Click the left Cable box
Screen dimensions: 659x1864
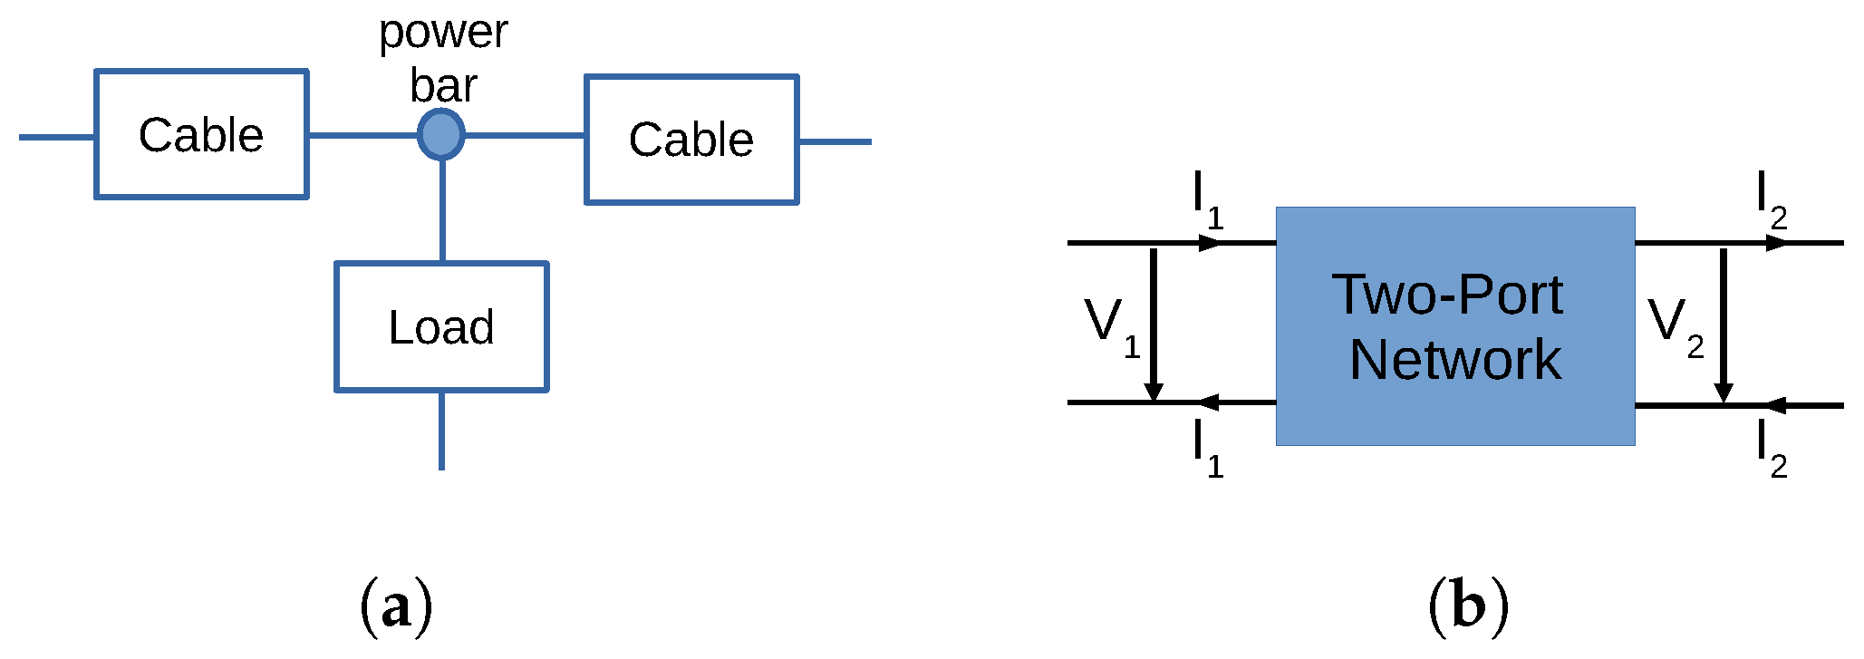tap(201, 134)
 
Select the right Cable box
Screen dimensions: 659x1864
tap(691, 140)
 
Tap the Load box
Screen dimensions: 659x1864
tap(441, 326)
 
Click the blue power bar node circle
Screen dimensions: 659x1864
tap(441, 134)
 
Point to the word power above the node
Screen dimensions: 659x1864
tap(443, 33)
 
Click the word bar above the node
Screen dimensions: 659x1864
tap(443, 85)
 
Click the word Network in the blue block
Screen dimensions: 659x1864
tap(1455, 360)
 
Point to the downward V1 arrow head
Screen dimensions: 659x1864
tap(1154, 390)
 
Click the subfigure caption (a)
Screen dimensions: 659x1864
tap(396, 606)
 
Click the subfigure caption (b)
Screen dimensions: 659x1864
tap(1468, 606)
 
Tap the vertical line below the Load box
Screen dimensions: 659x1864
tap(441, 431)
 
